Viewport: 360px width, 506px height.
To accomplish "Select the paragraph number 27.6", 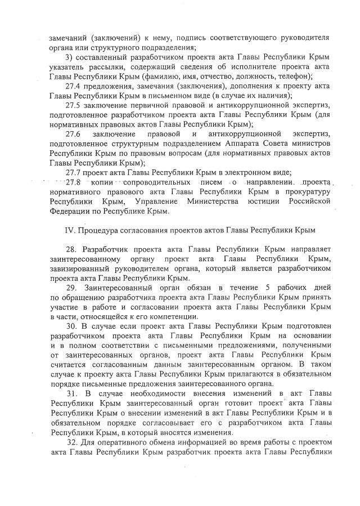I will click(x=74, y=134).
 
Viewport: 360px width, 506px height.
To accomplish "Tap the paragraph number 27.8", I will click(x=74, y=182).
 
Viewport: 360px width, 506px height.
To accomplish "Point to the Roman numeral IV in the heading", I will click(x=70, y=230).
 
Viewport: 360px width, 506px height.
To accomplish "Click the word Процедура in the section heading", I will click(x=99, y=230).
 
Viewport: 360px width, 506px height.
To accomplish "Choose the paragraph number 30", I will click(x=71, y=326).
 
